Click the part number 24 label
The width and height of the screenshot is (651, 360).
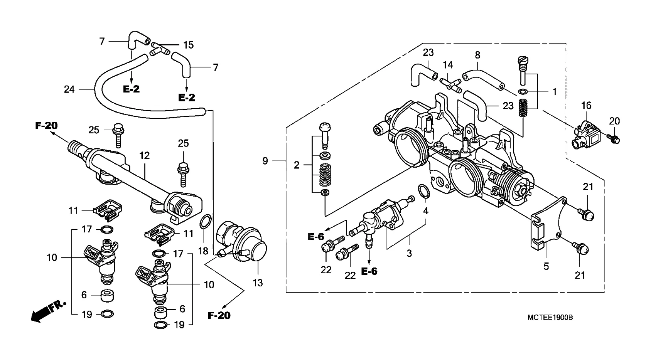pyautogui.click(x=69, y=89)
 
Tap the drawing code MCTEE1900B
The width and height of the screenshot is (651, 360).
pyautogui.click(x=550, y=318)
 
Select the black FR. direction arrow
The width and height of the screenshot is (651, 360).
pyautogui.click(x=48, y=311)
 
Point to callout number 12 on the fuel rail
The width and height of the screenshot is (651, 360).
pyautogui.click(x=145, y=156)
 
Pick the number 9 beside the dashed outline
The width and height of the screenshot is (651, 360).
pyautogui.click(x=265, y=161)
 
